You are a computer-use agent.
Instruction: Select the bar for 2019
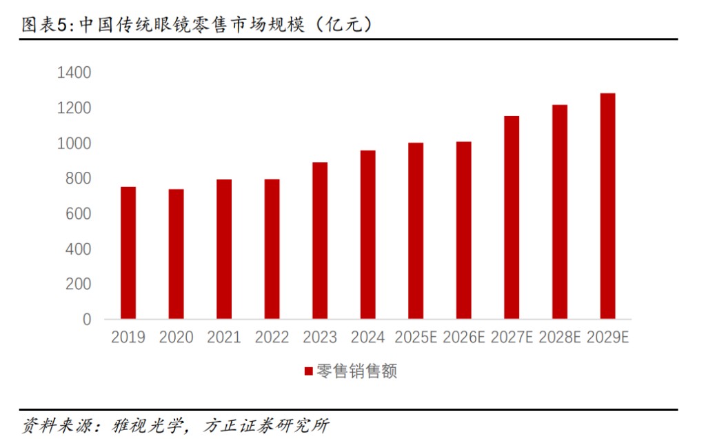click(128, 253)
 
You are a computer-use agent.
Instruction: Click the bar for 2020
click(176, 254)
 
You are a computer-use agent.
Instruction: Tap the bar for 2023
click(320, 241)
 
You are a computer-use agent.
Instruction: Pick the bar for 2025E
click(416, 231)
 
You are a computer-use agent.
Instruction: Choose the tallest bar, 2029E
click(607, 206)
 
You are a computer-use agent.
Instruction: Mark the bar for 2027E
click(512, 217)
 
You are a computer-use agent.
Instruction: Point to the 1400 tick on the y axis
click(74, 72)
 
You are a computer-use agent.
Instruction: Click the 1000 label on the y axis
click(74, 144)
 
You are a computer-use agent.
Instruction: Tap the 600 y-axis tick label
click(79, 214)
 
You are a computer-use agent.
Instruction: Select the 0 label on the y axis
click(87, 320)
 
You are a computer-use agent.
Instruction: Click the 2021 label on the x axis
click(224, 337)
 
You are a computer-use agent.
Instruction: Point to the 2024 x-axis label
click(368, 337)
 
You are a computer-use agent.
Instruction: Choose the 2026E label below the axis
click(464, 337)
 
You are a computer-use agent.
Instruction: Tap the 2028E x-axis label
click(560, 337)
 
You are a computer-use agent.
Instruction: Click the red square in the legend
click(308, 371)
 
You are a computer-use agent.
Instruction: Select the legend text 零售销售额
click(356, 371)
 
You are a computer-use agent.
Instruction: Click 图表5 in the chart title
click(44, 24)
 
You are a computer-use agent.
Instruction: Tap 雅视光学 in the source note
click(148, 425)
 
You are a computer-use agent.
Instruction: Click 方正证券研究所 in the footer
click(267, 425)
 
